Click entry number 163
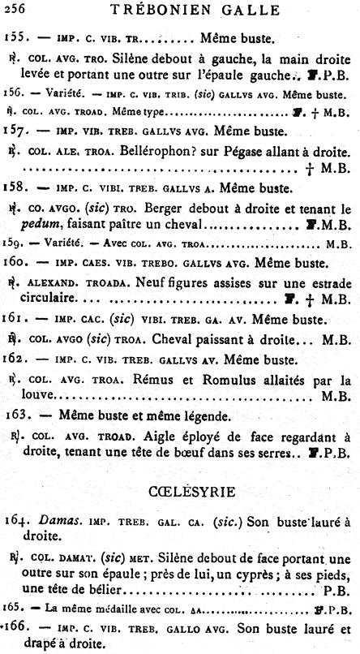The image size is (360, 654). coord(19,415)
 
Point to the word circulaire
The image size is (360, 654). coord(45,299)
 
